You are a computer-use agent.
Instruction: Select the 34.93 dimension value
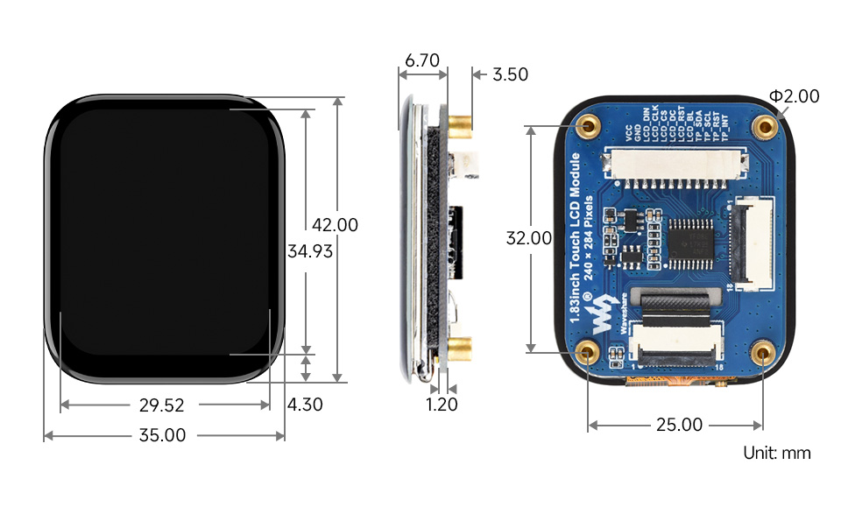310,252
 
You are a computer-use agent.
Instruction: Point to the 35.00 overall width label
163,435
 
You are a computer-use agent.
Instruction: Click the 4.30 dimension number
306,405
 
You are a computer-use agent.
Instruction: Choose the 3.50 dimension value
510,74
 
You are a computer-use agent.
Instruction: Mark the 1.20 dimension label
442,405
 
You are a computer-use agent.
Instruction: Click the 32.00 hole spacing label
529,238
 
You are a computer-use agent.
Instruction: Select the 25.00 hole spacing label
679,425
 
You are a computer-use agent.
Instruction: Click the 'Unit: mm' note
776,453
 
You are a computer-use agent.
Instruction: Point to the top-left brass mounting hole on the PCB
587,125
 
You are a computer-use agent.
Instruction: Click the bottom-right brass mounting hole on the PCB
763,354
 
